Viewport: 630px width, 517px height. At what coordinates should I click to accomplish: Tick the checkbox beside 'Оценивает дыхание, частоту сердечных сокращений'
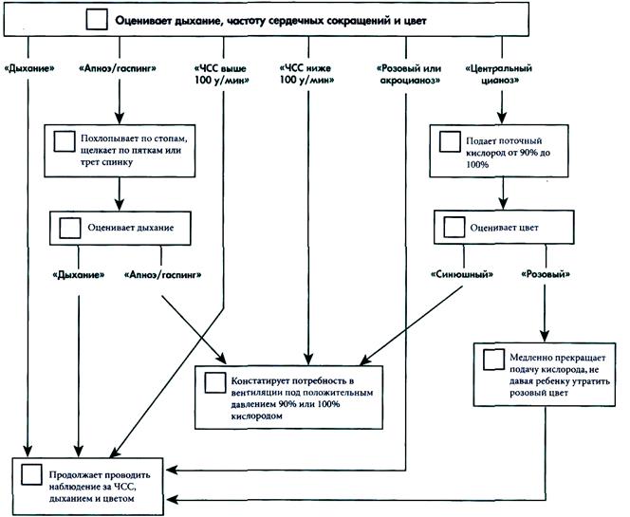97,19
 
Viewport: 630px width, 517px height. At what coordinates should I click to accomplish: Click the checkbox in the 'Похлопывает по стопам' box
65,141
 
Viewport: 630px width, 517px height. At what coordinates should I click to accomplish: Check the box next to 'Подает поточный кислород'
450,141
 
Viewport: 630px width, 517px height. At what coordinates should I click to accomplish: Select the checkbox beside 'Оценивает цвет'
454,227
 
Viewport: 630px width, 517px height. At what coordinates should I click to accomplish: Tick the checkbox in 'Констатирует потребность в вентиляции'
215,382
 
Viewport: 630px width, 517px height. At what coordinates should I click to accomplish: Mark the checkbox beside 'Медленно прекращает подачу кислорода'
493,360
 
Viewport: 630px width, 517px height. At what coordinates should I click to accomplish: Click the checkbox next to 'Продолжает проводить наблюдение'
31,475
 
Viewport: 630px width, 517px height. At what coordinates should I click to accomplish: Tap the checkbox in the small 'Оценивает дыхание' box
70,228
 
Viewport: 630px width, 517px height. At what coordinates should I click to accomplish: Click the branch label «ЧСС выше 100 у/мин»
221,74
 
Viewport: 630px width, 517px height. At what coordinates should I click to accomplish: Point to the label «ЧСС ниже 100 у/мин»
306,74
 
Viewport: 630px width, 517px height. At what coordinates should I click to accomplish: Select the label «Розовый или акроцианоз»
409,74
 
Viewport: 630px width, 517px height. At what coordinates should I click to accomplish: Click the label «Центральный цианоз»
499,74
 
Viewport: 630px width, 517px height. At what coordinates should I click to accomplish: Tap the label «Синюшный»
462,274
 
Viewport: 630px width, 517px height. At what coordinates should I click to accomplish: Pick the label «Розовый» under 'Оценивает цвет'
546,274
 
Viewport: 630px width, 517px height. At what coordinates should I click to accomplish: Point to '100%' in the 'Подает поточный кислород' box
477,164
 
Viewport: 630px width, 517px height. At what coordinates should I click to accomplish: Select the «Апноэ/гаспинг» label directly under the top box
118,68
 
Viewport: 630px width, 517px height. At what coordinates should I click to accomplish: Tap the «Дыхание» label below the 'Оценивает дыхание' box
79,275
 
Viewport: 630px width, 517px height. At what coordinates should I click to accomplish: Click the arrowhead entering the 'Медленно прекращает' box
545,336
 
